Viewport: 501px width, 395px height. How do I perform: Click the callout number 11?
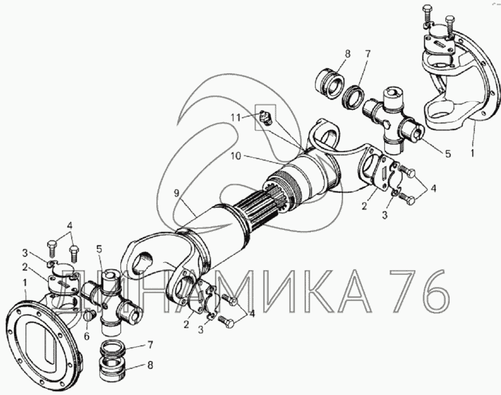[236, 118]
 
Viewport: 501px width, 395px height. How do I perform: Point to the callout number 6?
[86, 336]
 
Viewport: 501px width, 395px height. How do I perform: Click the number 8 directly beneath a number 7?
[149, 365]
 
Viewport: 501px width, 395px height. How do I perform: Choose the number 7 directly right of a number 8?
[368, 54]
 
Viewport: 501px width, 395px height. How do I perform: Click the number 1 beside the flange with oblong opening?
[25, 283]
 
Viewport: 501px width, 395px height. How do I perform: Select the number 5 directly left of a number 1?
[448, 154]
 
